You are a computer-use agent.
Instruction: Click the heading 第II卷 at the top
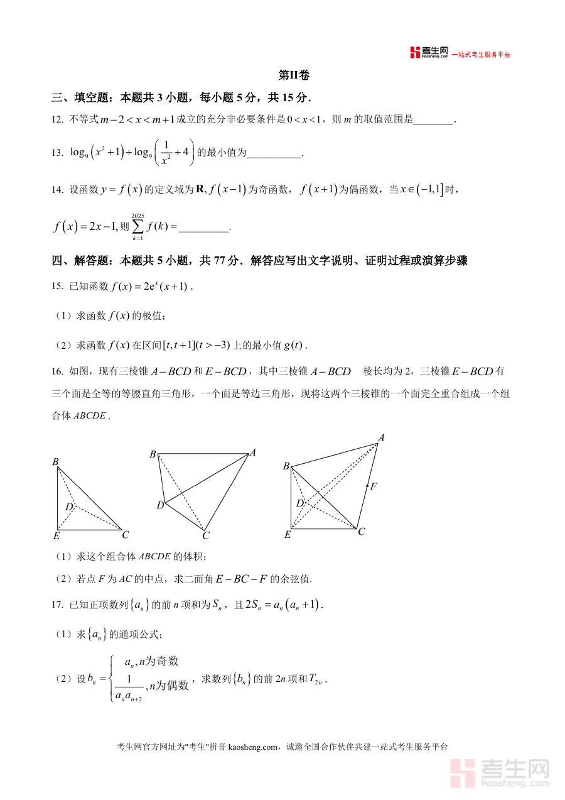pos(294,75)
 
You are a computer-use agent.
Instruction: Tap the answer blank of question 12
pos(433,119)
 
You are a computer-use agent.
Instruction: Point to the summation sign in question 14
pos(137,227)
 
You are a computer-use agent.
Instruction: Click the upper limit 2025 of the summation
pos(137,216)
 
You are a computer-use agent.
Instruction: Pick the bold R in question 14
pos(200,189)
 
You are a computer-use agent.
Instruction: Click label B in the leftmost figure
pos(56,463)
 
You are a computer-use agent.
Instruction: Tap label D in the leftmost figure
pos(69,507)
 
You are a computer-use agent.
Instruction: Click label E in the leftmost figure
pos(56,536)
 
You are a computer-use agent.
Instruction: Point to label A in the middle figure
pos(253,452)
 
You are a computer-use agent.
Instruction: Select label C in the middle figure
pos(205,536)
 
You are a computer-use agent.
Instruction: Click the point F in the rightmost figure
pos(368,486)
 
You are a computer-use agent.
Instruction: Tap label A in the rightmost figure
pos(380,437)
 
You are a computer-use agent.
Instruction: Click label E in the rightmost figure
pos(288,535)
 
